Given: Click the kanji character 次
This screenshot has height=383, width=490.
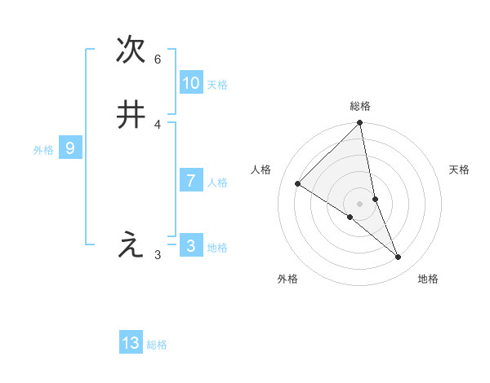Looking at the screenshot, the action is coord(131,50).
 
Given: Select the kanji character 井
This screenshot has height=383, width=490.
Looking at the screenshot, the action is coord(131,115).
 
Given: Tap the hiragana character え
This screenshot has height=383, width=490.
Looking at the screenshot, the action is coord(131,244).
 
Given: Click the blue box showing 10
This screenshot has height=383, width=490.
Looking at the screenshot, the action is coord(191,83).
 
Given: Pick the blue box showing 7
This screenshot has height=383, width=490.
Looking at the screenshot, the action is coord(191,181).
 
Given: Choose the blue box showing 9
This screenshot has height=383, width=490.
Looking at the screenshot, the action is coord(70,148).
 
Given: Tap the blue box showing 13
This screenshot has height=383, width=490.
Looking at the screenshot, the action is coord(131,343).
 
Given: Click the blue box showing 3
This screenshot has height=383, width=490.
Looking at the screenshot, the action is coord(191,246).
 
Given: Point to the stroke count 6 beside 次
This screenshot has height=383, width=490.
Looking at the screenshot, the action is coord(158,59).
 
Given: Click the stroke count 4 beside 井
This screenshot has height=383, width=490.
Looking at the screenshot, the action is coord(158,125).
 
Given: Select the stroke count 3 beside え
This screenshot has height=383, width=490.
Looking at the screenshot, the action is coord(158,255).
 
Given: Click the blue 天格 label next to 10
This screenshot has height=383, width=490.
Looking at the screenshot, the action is coord(217,85).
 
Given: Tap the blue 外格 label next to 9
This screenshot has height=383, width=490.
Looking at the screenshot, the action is coord(43,150).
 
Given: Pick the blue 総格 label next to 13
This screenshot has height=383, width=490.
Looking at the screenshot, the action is coord(157,345).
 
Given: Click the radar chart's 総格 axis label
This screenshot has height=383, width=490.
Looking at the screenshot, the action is coord(360,106).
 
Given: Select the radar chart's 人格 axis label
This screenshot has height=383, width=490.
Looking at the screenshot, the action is coord(261,169).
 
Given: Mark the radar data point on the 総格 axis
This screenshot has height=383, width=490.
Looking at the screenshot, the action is coord(360,123).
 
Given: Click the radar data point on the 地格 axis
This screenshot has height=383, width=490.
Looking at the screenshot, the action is coord(399,257).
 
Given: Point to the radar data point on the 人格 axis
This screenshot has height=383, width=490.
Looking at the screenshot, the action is coord(298,183).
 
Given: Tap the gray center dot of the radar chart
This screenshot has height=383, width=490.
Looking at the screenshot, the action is coord(360,203).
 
